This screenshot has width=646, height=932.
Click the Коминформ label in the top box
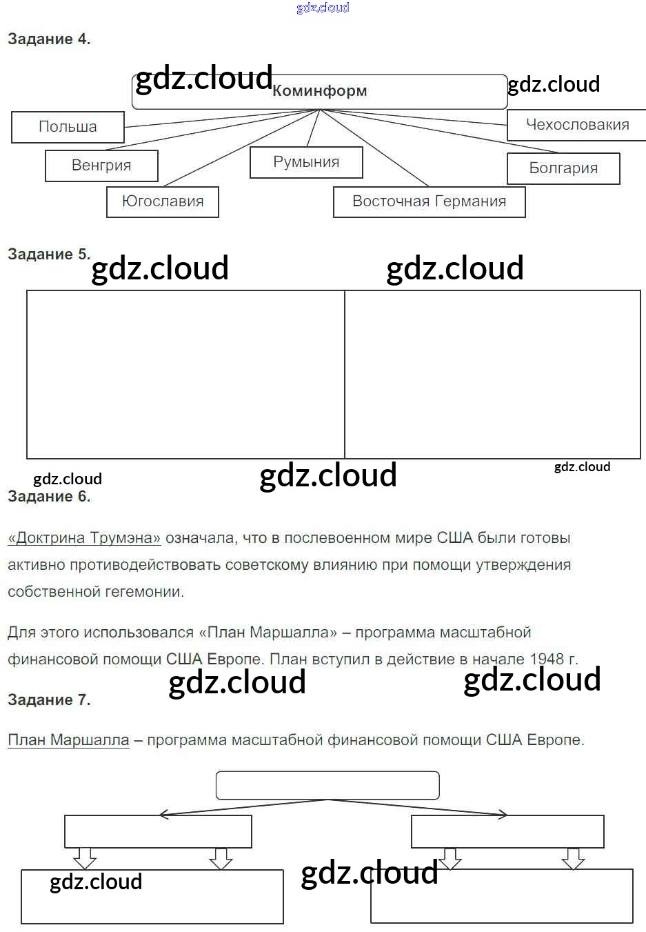click(x=319, y=91)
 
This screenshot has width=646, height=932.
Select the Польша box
click(x=68, y=127)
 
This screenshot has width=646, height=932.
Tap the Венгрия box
click(x=101, y=166)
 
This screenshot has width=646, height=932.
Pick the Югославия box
click(x=163, y=201)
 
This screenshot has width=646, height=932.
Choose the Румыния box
click(x=306, y=162)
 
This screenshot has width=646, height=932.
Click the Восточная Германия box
click(x=429, y=201)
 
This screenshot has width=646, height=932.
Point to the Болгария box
click(x=563, y=168)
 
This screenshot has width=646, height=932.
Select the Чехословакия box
click(x=577, y=125)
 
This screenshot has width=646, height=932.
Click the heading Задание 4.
click(x=49, y=39)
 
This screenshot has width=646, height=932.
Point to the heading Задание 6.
click(x=49, y=497)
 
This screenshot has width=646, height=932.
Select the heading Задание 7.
click(x=49, y=700)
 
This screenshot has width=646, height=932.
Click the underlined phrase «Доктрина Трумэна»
click(x=84, y=538)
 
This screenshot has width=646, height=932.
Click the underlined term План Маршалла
click(x=68, y=740)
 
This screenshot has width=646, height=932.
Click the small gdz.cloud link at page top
click(x=323, y=8)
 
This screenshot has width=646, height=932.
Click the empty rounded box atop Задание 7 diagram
click(x=327, y=785)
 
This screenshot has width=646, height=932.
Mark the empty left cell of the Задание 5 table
click(x=185, y=375)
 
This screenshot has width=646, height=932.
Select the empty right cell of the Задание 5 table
click(x=492, y=375)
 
